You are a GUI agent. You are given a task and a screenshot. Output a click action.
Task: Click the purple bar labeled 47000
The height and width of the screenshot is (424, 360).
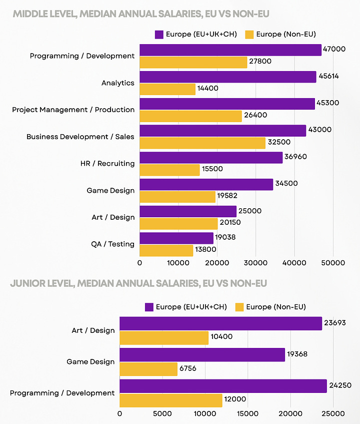[230, 50]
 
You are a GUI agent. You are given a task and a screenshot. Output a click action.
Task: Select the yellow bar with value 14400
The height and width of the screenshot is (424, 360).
[167, 89]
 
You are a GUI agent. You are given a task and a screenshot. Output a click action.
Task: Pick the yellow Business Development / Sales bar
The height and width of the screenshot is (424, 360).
[202, 143]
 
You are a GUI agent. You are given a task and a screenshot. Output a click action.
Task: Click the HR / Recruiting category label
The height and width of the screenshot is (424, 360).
[107, 163]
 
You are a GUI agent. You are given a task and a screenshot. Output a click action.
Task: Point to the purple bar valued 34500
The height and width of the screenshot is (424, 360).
[206, 184]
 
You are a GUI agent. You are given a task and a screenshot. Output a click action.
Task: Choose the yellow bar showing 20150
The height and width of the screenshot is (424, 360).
[178, 224]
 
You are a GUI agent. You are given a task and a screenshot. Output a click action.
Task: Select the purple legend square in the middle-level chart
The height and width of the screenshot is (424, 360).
[159, 35]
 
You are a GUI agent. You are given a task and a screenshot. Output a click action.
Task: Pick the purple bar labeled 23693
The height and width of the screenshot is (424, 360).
[220, 323]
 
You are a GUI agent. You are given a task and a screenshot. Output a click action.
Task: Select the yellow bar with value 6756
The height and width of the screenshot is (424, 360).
[148, 369]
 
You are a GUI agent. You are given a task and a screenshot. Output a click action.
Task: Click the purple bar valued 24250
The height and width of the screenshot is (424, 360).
[223, 386]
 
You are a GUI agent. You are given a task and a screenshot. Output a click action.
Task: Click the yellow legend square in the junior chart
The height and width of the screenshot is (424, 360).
[239, 307]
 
